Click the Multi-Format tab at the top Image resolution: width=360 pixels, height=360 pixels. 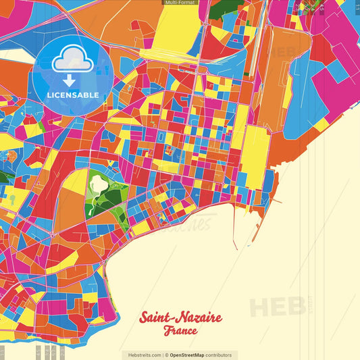click(180, 3)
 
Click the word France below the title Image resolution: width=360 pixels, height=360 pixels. click(180, 332)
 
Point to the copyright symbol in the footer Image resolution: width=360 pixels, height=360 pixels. click(167, 355)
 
